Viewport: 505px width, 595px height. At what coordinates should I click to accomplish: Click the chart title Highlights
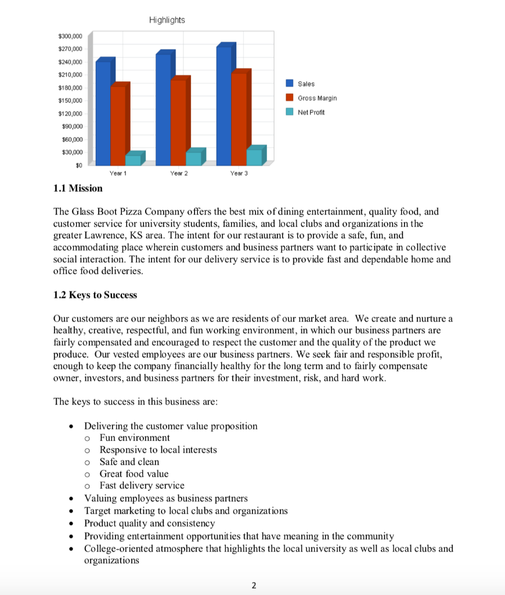click(x=167, y=20)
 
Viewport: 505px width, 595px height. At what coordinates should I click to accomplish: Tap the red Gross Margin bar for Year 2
click(x=178, y=122)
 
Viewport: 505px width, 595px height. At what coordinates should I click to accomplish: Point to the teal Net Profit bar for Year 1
click(x=133, y=160)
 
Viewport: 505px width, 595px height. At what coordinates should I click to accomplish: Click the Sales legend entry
click(x=306, y=84)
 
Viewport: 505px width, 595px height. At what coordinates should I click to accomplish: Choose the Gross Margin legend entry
click(x=316, y=98)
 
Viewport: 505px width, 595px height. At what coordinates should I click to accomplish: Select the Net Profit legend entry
click(x=311, y=112)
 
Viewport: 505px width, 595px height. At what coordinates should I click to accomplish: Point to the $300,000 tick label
click(x=70, y=37)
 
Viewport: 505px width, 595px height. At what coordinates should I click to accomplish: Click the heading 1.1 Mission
click(x=78, y=188)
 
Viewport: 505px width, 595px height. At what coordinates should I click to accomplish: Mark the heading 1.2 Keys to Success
click(x=95, y=295)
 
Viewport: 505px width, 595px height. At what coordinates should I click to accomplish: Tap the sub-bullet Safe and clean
click(x=129, y=462)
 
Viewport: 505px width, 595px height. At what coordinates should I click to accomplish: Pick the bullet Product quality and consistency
click(x=149, y=523)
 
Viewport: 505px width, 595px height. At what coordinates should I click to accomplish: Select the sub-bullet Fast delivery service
click(x=142, y=486)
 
